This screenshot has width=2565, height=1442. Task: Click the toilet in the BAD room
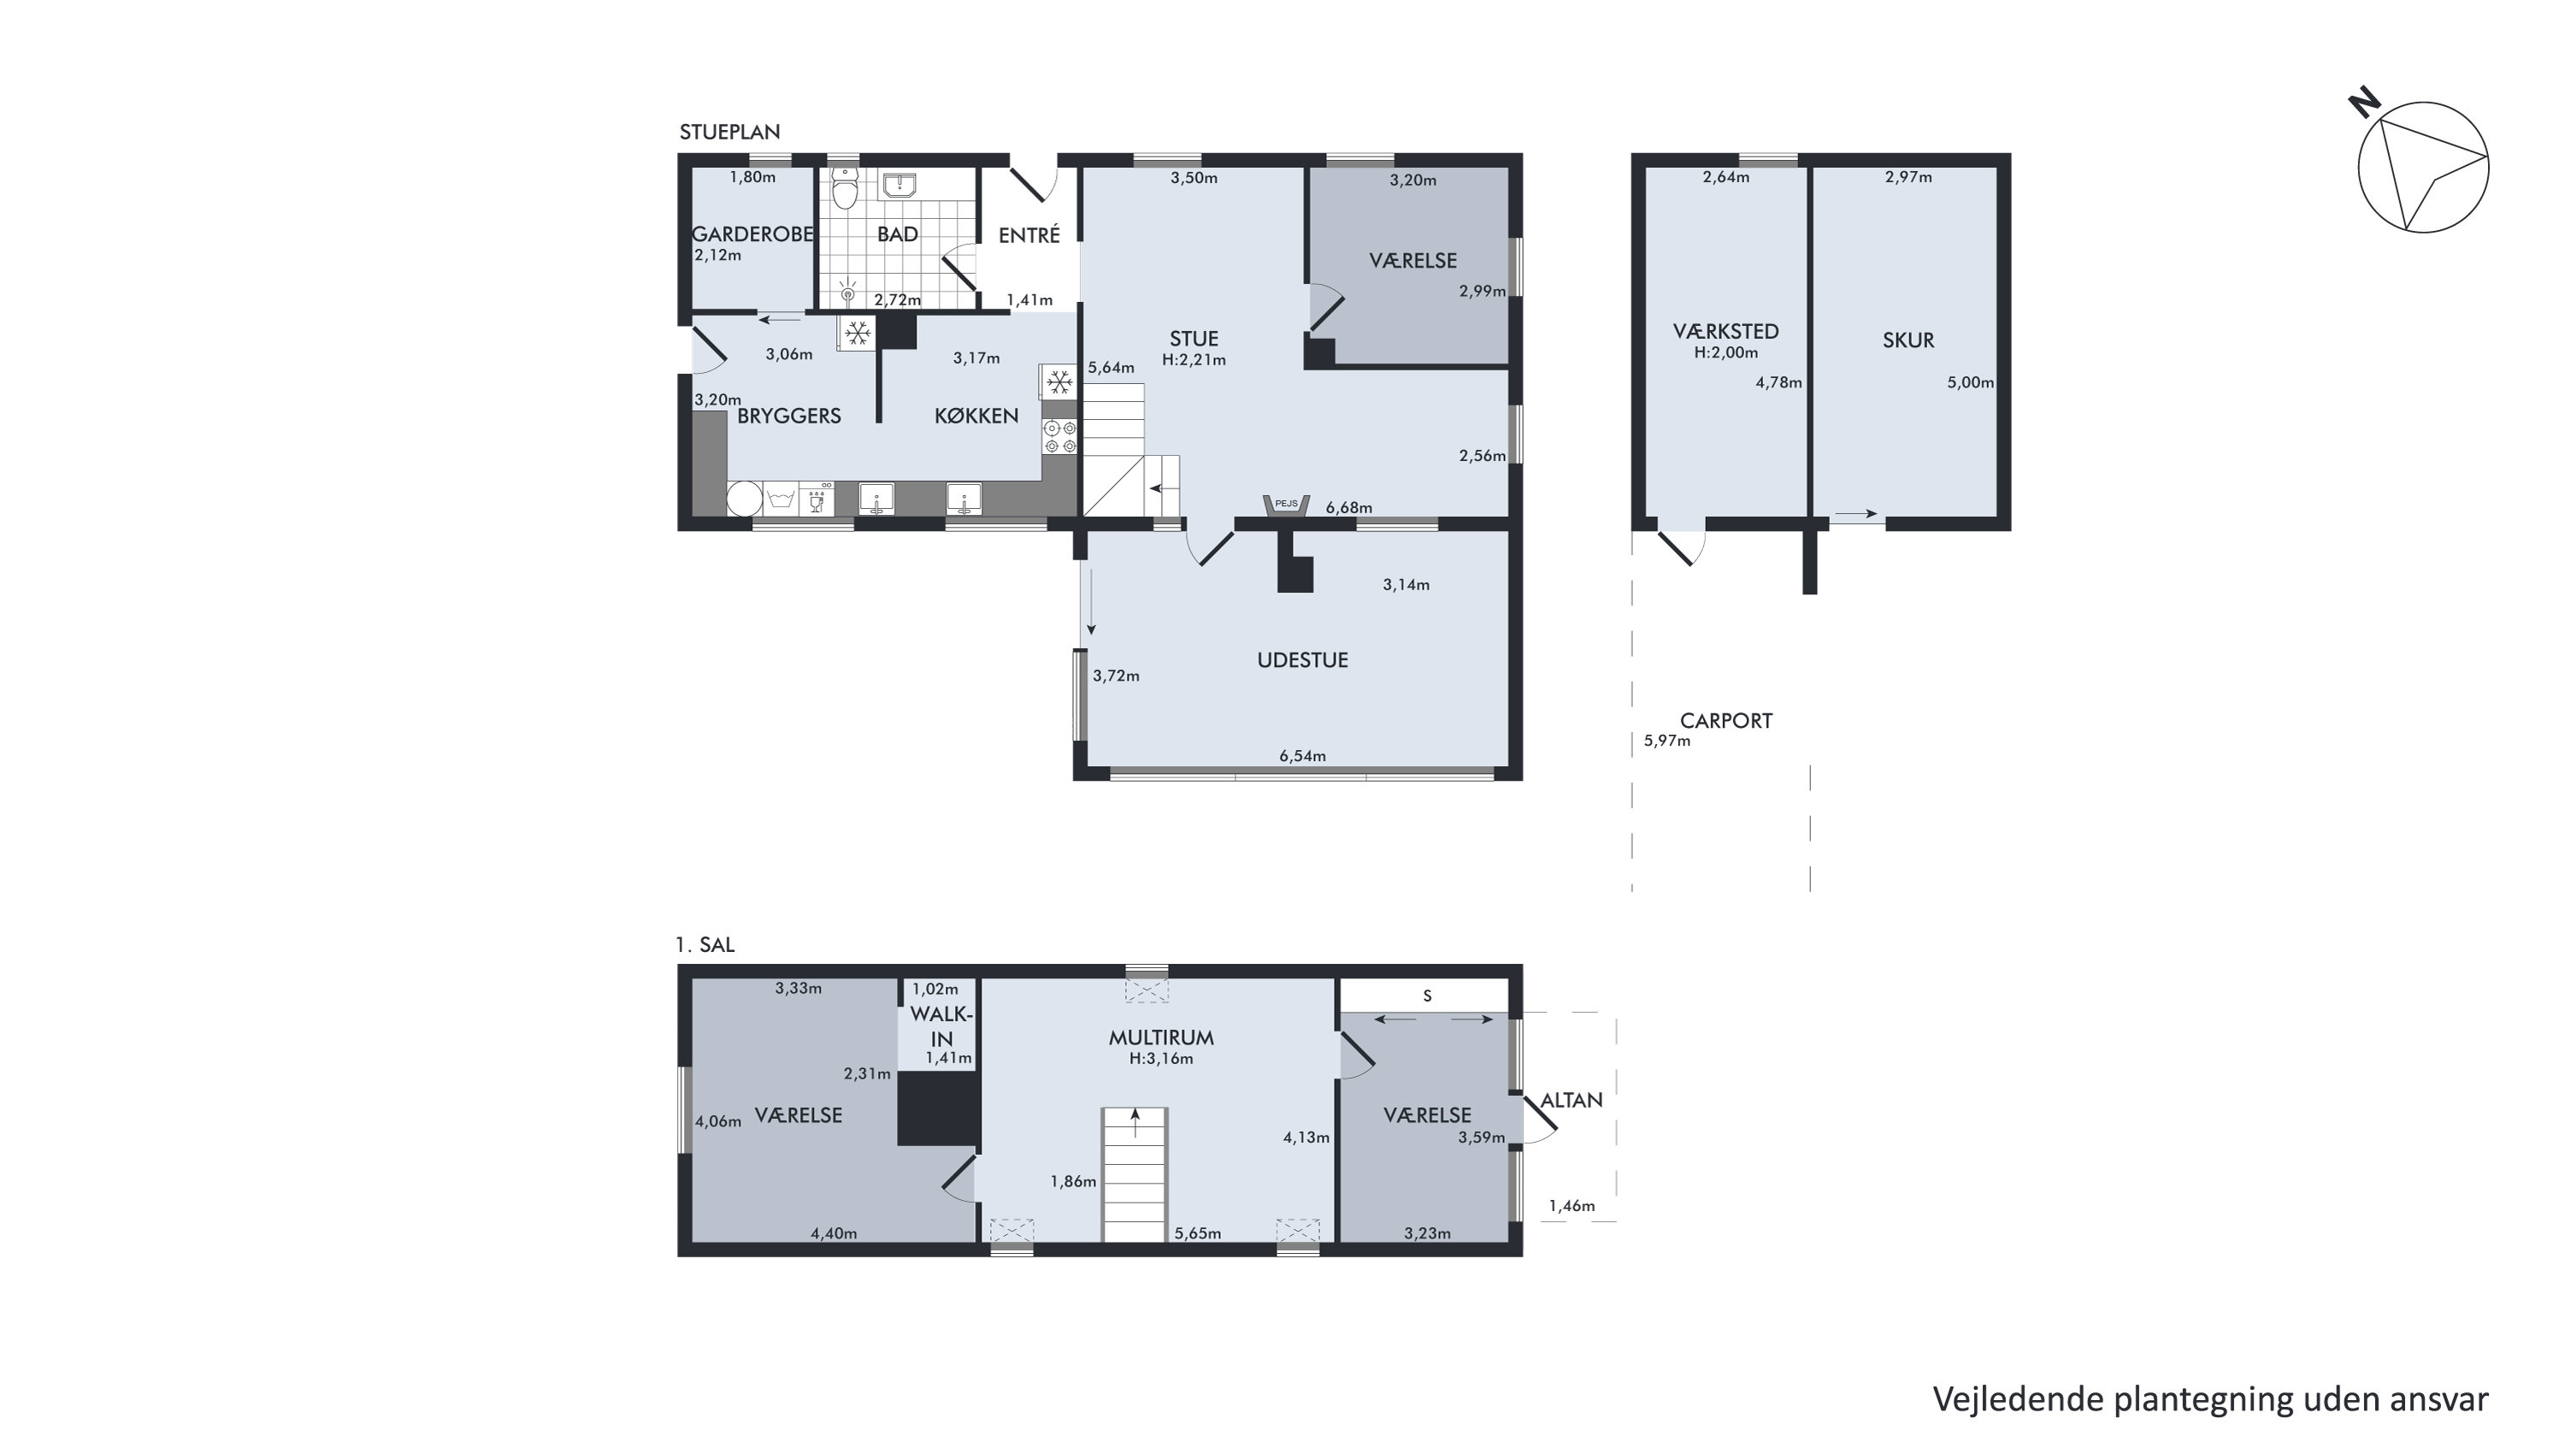846,188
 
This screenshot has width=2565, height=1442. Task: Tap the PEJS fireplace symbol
1287,505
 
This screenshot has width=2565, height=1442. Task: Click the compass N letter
2364,103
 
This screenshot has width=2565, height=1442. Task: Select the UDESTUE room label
1302,660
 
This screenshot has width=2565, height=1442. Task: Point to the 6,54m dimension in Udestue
1302,756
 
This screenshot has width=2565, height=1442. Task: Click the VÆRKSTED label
1725,332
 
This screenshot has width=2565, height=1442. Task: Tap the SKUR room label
1908,340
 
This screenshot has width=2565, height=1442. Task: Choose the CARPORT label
1725,721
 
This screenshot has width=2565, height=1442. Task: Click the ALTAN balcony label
1571,1101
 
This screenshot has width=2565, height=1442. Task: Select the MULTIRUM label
1161,1037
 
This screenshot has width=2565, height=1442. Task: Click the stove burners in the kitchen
1059,437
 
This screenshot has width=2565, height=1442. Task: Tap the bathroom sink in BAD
899,183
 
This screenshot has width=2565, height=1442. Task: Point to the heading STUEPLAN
730,132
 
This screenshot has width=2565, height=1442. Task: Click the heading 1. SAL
705,945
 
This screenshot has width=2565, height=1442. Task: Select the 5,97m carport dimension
1667,741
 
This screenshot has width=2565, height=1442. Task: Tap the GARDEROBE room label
752,234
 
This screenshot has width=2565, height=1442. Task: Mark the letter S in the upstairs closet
1427,996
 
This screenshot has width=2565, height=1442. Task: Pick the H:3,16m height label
1161,1060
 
